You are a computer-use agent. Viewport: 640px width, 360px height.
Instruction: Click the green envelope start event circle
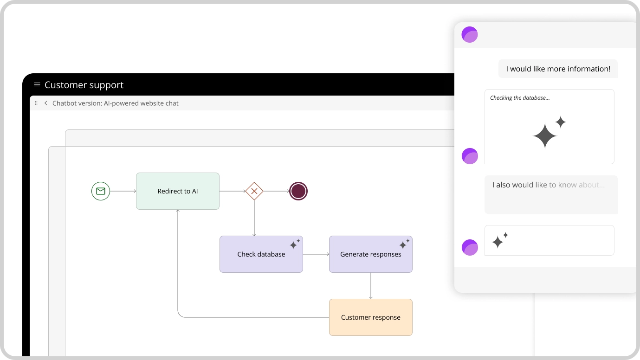pyautogui.click(x=101, y=191)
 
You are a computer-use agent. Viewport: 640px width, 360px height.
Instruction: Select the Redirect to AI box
pyautogui.click(x=178, y=191)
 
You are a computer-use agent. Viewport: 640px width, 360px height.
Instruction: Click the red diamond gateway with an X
pyautogui.click(x=254, y=191)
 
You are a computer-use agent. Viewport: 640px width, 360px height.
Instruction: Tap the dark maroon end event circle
pyautogui.click(x=298, y=191)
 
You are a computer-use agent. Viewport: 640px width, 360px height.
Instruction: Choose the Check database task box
pyautogui.click(x=261, y=254)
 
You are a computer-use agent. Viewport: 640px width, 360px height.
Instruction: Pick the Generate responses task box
pyautogui.click(x=370, y=254)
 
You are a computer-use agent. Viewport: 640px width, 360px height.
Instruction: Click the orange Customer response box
pyautogui.click(x=370, y=317)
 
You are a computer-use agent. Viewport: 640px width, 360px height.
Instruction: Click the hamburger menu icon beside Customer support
pyautogui.click(x=37, y=84)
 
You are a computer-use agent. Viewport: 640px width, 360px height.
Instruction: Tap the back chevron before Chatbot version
pyautogui.click(x=45, y=103)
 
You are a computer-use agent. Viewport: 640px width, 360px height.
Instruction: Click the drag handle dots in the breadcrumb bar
pyautogui.click(x=36, y=103)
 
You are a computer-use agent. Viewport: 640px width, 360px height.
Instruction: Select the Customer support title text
pyautogui.click(x=84, y=85)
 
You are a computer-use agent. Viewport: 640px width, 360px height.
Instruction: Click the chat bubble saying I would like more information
pyautogui.click(x=558, y=69)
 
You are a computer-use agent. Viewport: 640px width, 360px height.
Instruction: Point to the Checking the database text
pyautogui.click(x=520, y=97)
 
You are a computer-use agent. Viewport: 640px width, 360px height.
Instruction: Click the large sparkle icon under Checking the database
pyautogui.click(x=549, y=132)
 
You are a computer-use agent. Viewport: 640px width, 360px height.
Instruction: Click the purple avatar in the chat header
pyautogui.click(x=470, y=34)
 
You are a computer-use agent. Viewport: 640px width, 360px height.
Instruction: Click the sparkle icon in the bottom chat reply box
pyautogui.click(x=500, y=240)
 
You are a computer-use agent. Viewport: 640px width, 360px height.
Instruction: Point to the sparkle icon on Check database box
pyautogui.click(x=295, y=244)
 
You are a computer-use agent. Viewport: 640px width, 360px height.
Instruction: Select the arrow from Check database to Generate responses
pyautogui.click(x=316, y=254)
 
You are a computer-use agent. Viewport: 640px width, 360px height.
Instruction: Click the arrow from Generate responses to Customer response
pyautogui.click(x=370, y=286)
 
